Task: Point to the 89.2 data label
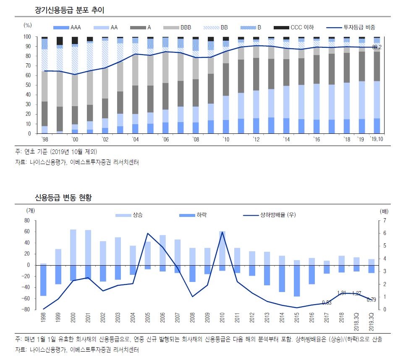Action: tap(377, 47)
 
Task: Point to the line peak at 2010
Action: tap(222, 232)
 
